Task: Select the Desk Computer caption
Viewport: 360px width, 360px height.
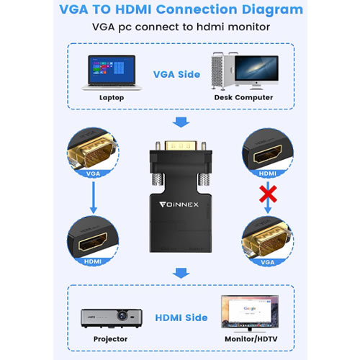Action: [x=243, y=96]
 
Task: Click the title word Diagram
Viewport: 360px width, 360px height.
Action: [x=258, y=11]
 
